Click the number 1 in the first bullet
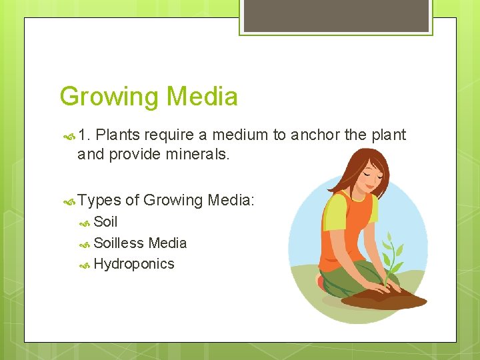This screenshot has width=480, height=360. pos(83,135)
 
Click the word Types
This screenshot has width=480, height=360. pos(99,200)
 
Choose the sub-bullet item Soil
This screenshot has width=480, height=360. pos(105,222)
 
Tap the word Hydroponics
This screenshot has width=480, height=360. pos(134,264)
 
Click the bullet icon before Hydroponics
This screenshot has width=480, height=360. pos(85,265)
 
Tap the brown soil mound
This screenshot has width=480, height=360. pos(390,299)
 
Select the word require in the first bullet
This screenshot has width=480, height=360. pos(170,135)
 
